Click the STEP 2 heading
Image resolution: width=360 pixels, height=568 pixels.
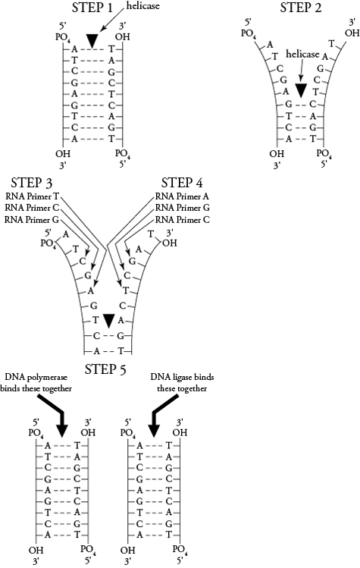tap(300, 9)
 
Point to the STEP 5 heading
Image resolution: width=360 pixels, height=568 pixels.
tap(112, 369)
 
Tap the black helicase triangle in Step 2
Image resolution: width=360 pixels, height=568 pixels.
tap(301, 90)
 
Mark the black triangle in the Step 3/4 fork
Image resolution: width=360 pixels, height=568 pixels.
tap(111, 321)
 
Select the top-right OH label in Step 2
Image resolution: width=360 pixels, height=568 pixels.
tap(351, 33)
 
